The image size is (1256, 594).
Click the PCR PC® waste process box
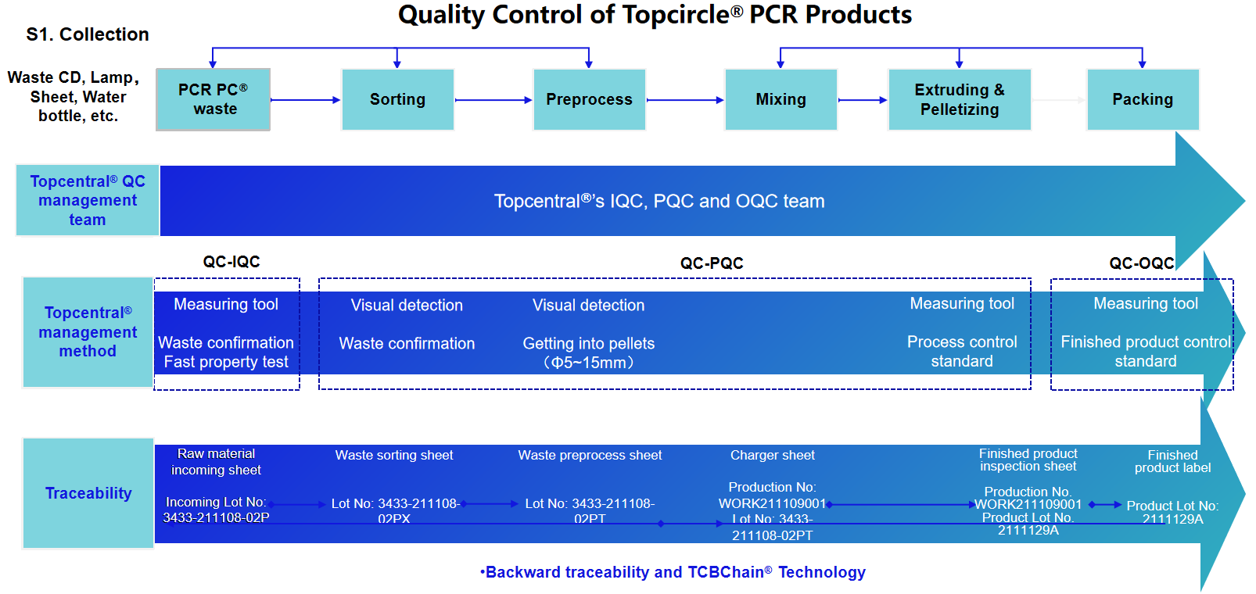tap(213, 99)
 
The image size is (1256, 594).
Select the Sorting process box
tap(397, 99)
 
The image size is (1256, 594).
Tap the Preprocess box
tap(589, 99)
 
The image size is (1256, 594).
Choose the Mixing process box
tap(781, 99)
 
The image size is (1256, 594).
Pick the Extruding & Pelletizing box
tap(960, 99)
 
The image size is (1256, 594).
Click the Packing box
tap(1143, 99)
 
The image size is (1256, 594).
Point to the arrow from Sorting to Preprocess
tap(493, 100)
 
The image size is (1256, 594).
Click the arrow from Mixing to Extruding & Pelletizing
tap(863, 100)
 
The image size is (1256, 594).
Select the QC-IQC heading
tap(231, 262)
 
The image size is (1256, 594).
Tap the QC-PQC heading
tap(712, 263)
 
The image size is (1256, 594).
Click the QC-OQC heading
tap(1142, 263)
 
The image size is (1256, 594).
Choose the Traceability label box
tap(88, 493)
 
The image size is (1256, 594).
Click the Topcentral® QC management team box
tap(88, 200)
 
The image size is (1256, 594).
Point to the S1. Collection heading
tap(88, 34)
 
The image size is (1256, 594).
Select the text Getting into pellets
tap(589, 343)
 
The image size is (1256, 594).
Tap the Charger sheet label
tap(772, 455)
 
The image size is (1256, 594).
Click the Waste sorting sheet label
tap(394, 455)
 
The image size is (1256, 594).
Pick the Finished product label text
tap(1172, 461)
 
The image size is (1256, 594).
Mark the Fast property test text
tap(226, 362)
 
